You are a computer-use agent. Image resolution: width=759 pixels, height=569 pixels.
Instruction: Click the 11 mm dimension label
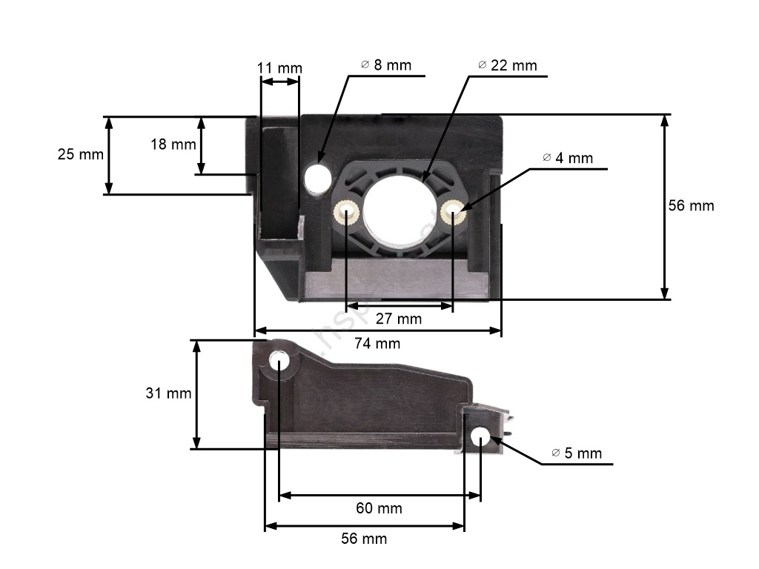(279, 68)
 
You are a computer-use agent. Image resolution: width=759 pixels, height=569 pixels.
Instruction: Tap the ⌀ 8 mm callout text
(386, 65)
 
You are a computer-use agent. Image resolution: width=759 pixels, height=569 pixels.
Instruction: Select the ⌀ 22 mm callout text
(507, 65)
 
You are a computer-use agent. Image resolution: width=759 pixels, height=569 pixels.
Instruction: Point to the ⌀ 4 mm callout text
(568, 158)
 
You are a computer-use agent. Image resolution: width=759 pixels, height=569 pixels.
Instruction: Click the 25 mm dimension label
(80, 154)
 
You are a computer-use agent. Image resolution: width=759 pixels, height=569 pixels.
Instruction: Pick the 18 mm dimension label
(173, 144)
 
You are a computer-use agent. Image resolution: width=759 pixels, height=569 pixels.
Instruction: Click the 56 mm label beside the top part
(692, 206)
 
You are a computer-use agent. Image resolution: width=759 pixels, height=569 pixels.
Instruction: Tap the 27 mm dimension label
(398, 319)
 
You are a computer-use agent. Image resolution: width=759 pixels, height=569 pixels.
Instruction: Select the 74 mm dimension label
(377, 344)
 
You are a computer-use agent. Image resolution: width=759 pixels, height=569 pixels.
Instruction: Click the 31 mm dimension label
(168, 393)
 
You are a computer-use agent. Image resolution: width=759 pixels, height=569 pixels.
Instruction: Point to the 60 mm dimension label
(379, 508)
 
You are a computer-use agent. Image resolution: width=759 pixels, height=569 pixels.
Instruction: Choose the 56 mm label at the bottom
(364, 539)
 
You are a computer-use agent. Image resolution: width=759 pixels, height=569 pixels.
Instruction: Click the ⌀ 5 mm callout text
(577, 453)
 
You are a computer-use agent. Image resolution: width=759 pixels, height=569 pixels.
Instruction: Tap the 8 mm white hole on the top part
(317, 177)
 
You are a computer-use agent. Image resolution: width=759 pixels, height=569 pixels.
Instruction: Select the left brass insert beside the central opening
(346, 212)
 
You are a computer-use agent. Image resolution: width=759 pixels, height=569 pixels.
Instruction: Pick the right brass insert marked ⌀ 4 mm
(454, 212)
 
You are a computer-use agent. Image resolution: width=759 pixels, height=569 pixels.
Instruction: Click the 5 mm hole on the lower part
(480, 437)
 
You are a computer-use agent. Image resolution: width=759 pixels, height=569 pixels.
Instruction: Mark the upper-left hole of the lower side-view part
(279, 362)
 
